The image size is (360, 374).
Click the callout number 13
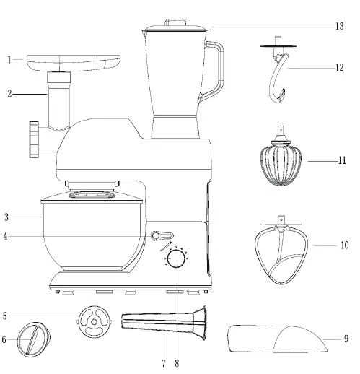tap(338, 27)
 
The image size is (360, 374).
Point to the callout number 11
tap(342, 160)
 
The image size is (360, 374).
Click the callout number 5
tap(6, 315)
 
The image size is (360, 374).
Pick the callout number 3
tap(6, 216)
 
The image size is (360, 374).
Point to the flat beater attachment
tap(284, 249)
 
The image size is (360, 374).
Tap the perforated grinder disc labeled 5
tap(93, 321)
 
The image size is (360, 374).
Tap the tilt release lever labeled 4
tap(163, 235)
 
